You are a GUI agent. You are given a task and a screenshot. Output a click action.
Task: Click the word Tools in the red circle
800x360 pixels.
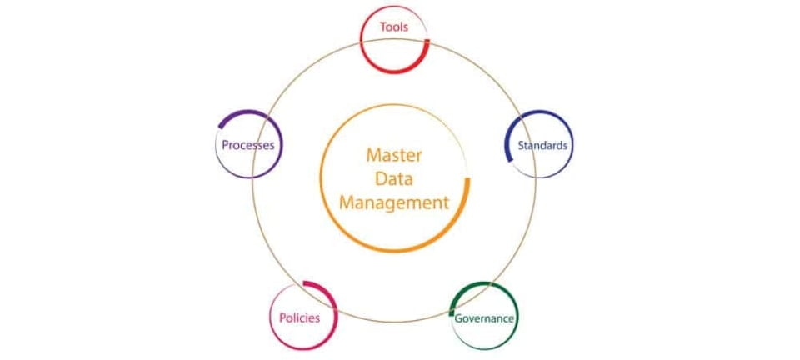[x=394, y=27]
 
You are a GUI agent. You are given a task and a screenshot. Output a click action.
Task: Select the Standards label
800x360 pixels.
[x=542, y=145]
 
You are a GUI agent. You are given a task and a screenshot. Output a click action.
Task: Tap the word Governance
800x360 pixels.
[x=484, y=318]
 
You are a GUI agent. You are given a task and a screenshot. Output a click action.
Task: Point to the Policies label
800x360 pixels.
[x=299, y=318]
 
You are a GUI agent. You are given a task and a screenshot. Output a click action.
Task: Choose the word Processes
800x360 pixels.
[x=248, y=145]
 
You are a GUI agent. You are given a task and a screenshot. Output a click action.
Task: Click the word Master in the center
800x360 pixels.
[x=394, y=155]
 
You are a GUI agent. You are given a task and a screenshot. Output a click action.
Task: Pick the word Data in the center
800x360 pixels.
[x=394, y=179]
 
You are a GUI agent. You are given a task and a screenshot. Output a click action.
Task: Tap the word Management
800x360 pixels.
[x=394, y=203]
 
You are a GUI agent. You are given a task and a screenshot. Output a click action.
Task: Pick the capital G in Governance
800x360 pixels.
[x=459, y=318]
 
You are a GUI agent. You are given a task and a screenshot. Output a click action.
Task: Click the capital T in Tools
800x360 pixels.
[x=383, y=27]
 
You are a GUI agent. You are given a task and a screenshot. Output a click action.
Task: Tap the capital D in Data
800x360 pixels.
[x=381, y=179]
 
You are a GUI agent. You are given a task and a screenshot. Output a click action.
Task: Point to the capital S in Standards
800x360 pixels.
[x=521, y=145]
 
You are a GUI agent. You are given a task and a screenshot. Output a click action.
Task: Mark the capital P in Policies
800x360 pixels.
[x=282, y=318]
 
